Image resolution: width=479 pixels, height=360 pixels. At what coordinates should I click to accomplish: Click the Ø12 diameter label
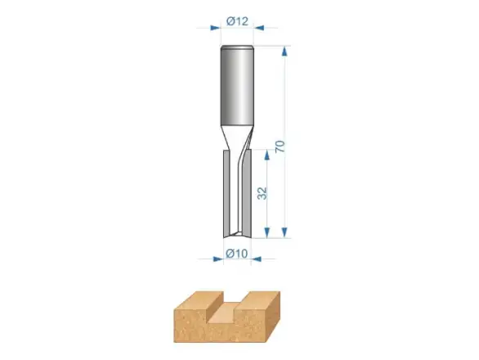coord(237,21)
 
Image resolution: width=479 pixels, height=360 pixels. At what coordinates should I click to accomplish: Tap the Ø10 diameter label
coord(236,254)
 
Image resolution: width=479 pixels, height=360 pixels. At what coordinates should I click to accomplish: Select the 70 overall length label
coord(280,146)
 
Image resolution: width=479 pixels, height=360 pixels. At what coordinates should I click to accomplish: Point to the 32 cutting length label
coord(262,193)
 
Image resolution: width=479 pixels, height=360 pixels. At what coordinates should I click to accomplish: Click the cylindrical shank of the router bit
coord(237,86)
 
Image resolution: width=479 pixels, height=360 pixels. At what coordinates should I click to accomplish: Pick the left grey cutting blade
coord(227,192)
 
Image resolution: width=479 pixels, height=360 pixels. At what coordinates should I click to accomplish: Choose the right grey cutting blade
coord(247,192)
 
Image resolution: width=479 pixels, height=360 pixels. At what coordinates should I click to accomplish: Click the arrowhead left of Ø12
coord(215,28)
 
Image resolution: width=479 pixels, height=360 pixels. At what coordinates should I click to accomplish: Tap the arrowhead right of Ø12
coord(259,28)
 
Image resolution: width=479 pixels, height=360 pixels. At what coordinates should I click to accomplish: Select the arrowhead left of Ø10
coord(218,259)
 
